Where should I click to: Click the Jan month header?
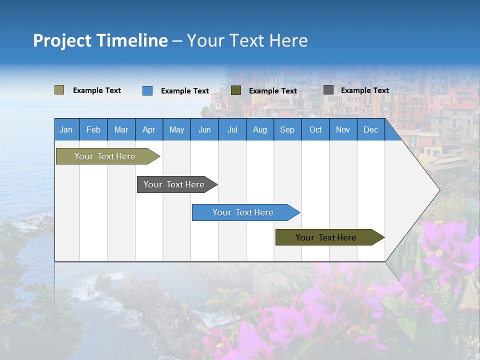[66, 129]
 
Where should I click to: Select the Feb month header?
[93, 129]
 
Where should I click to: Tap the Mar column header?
[121, 129]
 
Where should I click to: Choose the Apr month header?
[149, 129]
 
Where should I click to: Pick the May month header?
[176, 129]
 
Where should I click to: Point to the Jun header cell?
[204, 129]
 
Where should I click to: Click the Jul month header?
[232, 129]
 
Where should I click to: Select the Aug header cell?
[260, 129]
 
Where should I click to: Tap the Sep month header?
[287, 129]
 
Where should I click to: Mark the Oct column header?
[315, 129]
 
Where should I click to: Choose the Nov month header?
[343, 129]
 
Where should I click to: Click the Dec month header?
[371, 129]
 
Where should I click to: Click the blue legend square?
[147, 90]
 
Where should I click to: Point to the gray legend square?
[328, 90]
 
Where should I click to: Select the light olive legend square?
[59, 90]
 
